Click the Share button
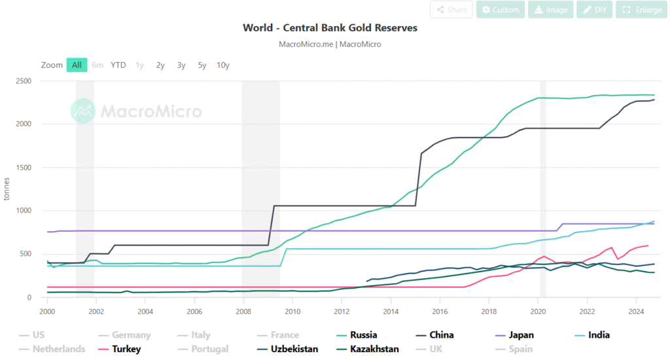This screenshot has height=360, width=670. coord(451,10)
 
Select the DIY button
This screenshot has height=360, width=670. coord(595,10)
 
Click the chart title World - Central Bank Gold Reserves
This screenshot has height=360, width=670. coord(330,28)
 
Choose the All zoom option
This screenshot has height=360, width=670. coord(77,65)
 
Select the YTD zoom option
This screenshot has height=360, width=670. coord(118,65)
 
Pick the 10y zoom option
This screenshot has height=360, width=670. coord(223,65)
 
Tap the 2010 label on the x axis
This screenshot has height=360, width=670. coord(292,312)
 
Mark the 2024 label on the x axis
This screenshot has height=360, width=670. coord(635,312)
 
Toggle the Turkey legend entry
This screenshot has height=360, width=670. coord(126,349)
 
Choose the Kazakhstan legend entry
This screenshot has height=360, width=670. coord(374,349)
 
